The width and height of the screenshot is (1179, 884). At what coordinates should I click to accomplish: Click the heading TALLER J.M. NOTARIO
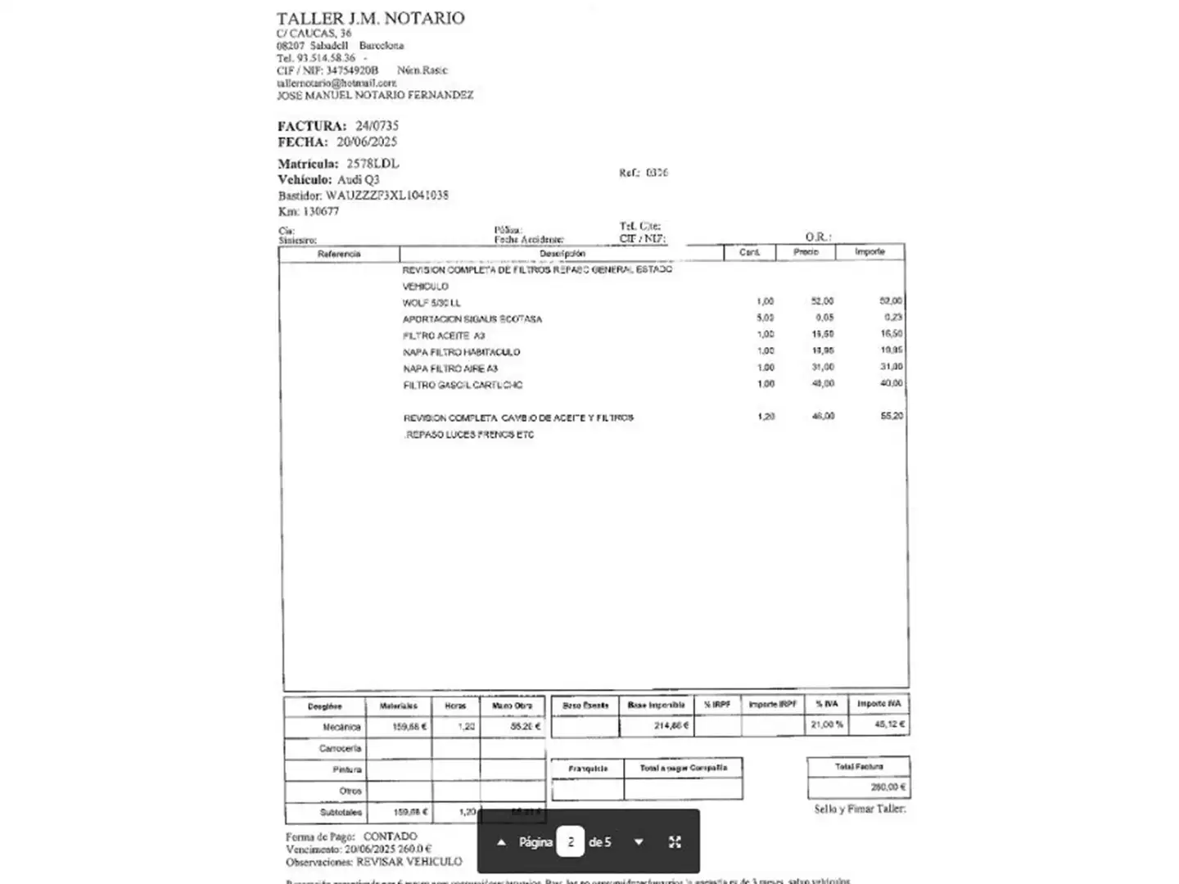tap(370, 18)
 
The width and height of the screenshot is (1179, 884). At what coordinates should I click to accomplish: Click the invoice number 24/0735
tap(377, 126)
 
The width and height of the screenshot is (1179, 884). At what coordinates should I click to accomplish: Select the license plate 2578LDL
tap(373, 164)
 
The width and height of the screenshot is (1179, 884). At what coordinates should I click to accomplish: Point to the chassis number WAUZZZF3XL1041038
tap(386, 196)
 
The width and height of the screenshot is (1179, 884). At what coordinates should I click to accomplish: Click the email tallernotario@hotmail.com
tap(337, 83)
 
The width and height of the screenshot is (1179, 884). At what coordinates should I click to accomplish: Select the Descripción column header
tap(562, 254)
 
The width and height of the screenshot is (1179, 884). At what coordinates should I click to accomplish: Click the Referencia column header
tap(339, 254)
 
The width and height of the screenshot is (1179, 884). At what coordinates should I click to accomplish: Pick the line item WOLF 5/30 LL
tap(431, 303)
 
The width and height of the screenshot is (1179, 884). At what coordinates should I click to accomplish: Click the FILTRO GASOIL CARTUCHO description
tap(463, 385)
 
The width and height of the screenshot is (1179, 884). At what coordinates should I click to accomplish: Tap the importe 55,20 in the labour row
tap(892, 416)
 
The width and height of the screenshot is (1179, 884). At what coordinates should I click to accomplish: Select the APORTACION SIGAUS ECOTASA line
tap(472, 319)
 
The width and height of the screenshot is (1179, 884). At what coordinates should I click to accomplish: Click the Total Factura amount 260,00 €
tap(888, 787)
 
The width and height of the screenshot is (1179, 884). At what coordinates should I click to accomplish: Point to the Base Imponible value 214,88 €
tap(671, 725)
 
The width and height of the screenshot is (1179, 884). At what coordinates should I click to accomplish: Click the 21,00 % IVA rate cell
tap(826, 724)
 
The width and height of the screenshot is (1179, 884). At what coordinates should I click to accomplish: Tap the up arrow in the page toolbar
tap(501, 842)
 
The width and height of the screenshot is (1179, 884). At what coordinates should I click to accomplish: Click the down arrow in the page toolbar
tap(639, 842)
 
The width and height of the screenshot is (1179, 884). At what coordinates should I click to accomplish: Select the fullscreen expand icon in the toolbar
tap(675, 842)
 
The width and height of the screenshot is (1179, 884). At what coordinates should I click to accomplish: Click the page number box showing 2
tap(571, 842)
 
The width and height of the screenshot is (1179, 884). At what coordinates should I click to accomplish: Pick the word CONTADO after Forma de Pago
tap(390, 837)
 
